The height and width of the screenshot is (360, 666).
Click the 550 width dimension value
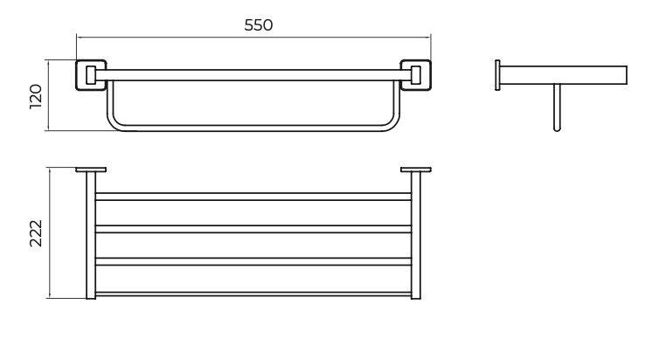click(258, 25)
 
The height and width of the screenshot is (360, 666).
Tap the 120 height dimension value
click(36, 96)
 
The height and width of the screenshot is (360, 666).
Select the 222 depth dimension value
click(36, 233)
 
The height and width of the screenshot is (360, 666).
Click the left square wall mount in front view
click(91, 75)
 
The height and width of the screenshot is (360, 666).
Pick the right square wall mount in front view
click(416, 75)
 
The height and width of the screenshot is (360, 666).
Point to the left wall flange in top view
click(91, 170)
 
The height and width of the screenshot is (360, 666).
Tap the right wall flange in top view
click(416, 170)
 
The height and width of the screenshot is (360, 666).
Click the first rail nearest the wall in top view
click(253, 197)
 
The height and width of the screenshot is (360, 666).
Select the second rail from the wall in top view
click(253, 229)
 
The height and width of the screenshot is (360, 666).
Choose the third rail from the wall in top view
click(253, 261)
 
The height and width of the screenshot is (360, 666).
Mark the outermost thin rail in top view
click(253, 294)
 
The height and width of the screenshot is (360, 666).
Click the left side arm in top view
click(91, 236)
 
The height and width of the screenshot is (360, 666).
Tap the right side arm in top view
click(416, 236)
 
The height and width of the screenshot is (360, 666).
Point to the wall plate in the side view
click(497, 75)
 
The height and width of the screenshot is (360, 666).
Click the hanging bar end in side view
click(557, 107)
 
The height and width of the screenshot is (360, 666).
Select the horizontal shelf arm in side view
click(563, 75)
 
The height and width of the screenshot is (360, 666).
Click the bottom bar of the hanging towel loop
click(253, 128)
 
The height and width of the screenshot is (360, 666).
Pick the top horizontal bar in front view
click(253, 75)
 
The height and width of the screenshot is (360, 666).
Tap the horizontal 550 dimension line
click(253, 38)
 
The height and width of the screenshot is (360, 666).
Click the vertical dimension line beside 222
click(50, 233)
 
